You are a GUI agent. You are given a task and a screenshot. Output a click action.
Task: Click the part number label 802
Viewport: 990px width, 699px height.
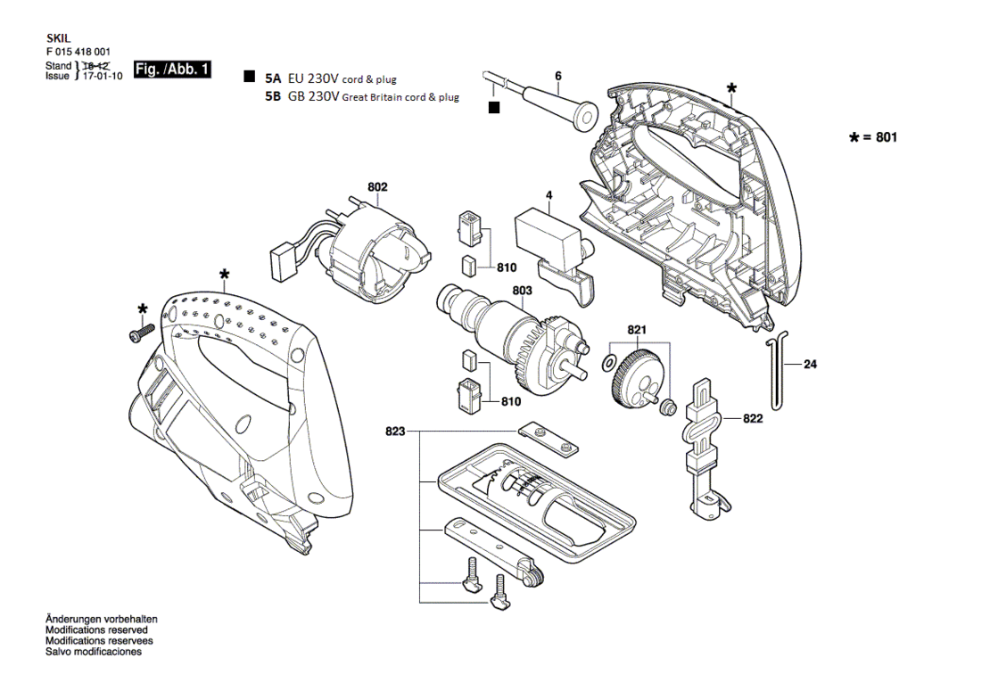(x=377, y=187)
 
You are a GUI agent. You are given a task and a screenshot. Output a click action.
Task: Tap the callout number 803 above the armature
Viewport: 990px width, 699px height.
(x=522, y=291)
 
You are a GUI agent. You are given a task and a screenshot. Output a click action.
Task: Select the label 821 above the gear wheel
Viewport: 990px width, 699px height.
(x=637, y=330)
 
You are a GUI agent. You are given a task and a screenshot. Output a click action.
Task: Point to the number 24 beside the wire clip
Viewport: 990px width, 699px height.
(x=810, y=365)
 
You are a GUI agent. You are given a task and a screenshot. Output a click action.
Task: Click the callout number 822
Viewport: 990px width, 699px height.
(x=753, y=419)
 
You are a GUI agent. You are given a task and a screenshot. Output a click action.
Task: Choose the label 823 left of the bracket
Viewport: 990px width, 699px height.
(x=395, y=432)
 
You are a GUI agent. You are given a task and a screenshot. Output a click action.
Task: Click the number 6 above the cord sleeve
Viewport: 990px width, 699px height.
(x=558, y=77)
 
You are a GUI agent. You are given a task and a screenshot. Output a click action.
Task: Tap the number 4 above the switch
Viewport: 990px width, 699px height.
(x=549, y=195)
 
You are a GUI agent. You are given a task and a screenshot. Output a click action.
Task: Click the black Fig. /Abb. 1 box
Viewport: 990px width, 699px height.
(x=172, y=70)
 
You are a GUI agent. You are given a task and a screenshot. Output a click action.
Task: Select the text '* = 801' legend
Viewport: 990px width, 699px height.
(x=874, y=137)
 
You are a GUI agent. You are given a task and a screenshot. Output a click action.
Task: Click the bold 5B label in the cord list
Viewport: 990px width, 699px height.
(x=273, y=96)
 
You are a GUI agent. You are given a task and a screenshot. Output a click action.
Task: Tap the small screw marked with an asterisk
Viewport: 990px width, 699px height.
(x=142, y=333)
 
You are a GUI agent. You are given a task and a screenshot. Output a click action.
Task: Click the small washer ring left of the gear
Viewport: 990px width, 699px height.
(x=609, y=363)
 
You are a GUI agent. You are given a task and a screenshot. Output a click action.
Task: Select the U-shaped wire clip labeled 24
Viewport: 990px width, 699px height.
(x=777, y=371)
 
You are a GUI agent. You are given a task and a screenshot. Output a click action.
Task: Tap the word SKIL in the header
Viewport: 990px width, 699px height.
(x=59, y=39)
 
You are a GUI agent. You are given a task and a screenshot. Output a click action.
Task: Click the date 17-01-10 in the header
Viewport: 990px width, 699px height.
(x=103, y=77)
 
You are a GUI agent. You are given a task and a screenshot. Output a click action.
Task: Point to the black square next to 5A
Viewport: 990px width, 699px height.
(x=250, y=77)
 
